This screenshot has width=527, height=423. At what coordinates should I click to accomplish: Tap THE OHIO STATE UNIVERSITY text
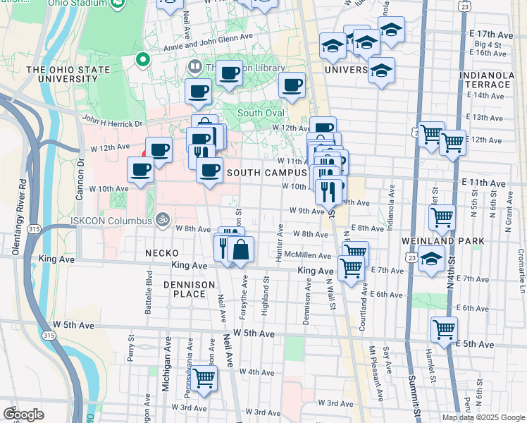68,75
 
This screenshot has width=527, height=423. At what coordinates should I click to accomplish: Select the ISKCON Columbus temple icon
163,220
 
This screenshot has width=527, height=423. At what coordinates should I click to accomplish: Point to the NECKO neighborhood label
161,252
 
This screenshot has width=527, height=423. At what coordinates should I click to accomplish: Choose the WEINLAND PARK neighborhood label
452,241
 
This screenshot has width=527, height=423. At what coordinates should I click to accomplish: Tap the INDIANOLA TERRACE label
483,80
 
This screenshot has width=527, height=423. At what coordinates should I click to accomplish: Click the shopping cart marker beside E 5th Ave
445,329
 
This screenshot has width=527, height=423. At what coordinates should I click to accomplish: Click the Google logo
23,414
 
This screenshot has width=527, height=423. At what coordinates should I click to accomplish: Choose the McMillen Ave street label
314,256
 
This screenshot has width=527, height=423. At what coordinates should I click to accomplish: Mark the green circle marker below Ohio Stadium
143,60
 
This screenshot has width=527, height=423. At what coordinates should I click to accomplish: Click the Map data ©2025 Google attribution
483,417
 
